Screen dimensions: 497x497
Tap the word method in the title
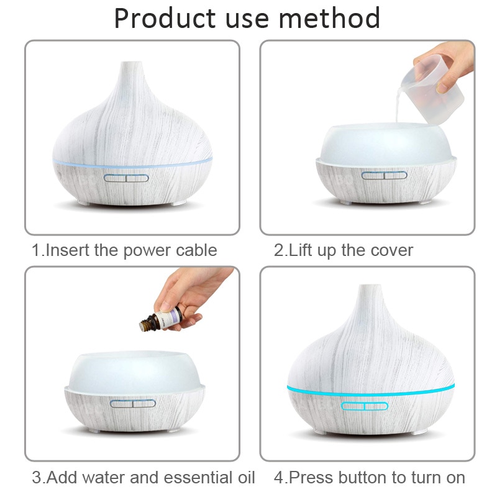click(x=329, y=19)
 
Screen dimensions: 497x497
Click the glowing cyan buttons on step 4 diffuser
click(x=365, y=406)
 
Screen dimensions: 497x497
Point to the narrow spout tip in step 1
click(x=131, y=65)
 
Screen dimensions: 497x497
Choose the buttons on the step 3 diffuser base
click(x=132, y=403)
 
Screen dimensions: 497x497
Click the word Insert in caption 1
click(x=68, y=250)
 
